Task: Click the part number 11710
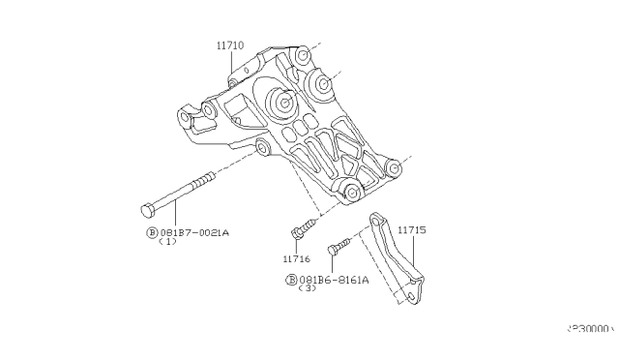pos(230,45)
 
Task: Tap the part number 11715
pos(413,229)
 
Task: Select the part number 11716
pos(296,259)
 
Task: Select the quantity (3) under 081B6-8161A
pos(308,288)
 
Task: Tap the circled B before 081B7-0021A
pos(152,232)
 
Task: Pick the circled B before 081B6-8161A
pos(290,279)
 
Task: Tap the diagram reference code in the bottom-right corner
pos(591,328)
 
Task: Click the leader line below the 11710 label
pos(231,63)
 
